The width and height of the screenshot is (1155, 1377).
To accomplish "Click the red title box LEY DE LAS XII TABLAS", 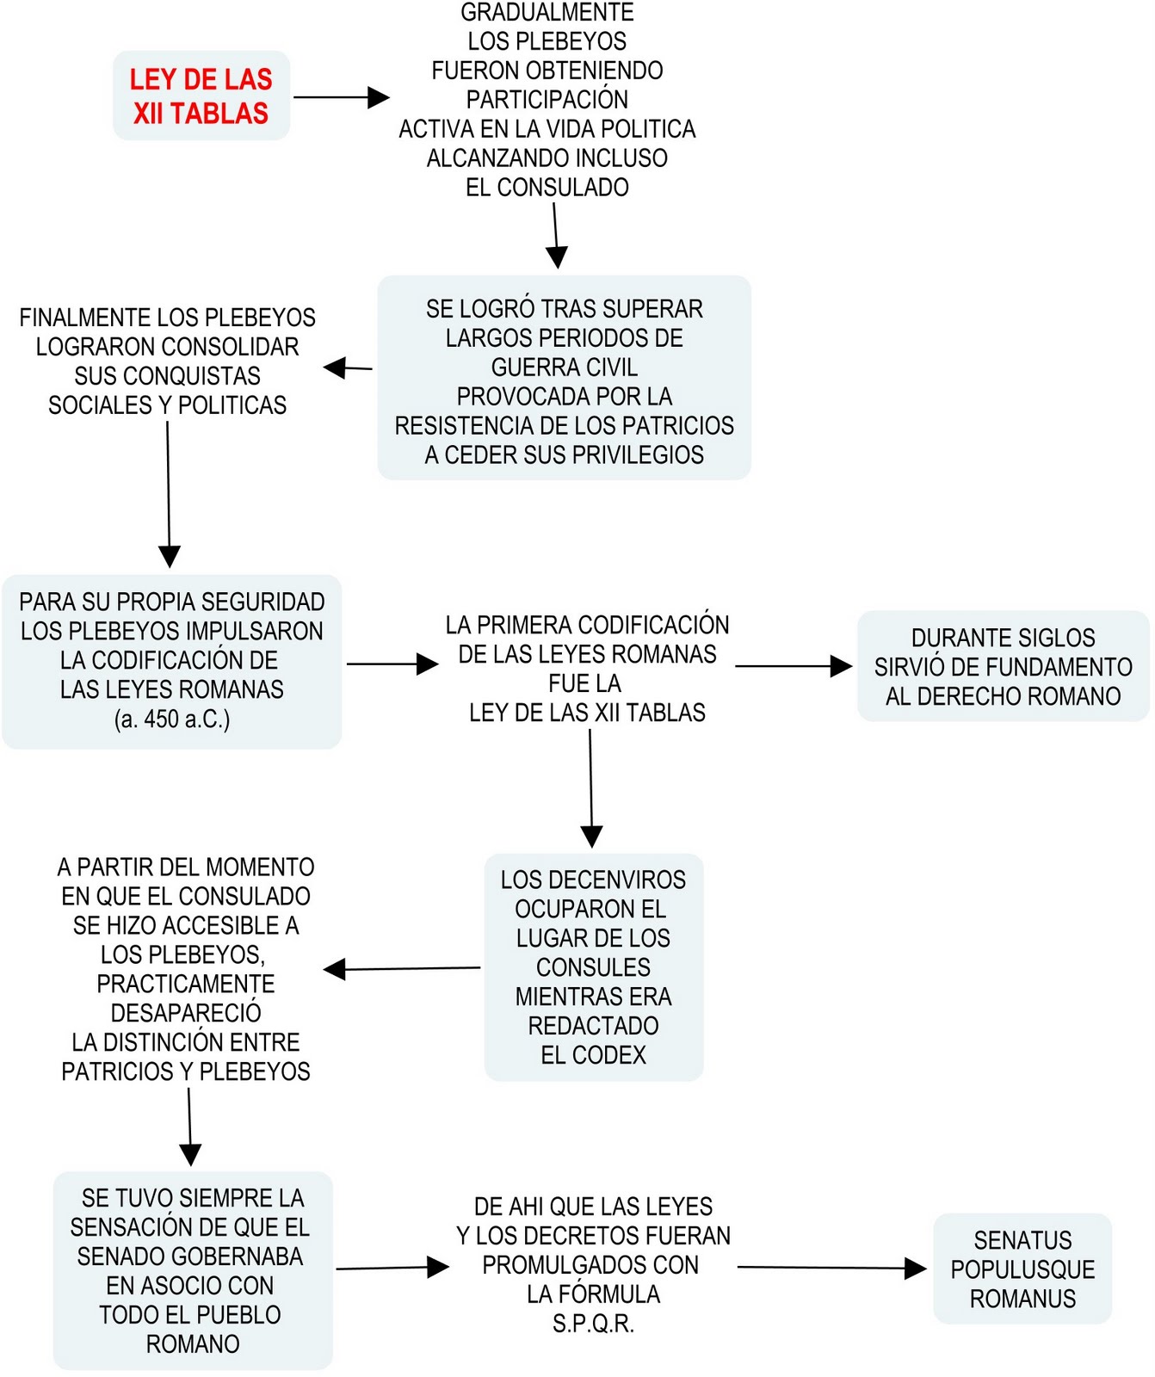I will [201, 96].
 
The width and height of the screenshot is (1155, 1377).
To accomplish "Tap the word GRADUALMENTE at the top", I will [547, 12].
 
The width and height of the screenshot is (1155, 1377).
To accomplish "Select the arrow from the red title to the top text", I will [341, 97].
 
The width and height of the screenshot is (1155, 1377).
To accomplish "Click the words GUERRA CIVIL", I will [564, 367].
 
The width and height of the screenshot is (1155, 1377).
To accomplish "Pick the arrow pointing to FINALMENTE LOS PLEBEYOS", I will [348, 368].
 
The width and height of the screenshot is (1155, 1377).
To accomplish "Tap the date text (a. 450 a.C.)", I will [172, 719].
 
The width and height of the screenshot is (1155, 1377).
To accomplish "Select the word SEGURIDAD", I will [263, 602].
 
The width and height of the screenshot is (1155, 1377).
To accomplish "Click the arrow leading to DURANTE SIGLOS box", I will [793, 665].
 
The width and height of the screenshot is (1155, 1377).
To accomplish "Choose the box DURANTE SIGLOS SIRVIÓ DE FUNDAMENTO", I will [1003, 666].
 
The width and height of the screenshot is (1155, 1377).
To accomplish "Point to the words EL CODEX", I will [593, 1055].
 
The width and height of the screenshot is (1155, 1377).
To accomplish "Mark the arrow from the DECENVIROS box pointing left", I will [402, 969].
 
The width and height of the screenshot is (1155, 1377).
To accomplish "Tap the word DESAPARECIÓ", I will [186, 1013].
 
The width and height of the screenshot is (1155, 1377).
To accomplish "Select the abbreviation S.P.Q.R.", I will [593, 1324].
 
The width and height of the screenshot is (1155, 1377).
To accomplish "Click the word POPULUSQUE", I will [1022, 1269].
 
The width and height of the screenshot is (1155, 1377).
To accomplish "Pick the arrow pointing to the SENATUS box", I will [831, 1267].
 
